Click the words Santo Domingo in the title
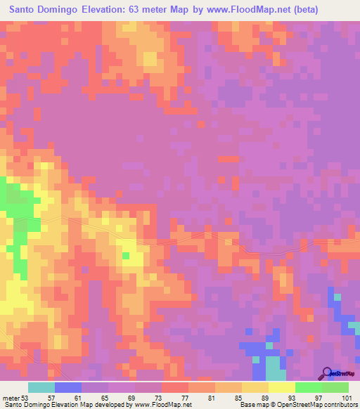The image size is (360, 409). coord(44,10)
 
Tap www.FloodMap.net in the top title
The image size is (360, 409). coord(249,10)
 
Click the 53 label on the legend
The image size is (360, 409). coord(25,397)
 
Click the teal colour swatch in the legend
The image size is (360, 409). coord(41,387)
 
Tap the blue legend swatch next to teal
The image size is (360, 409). coord(68,387)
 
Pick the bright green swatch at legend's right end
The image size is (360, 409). coord(335,387)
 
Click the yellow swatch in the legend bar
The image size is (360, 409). coord(282,387)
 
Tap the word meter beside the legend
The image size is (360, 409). coord(10,397)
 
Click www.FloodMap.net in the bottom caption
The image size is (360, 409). coord(163,405)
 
